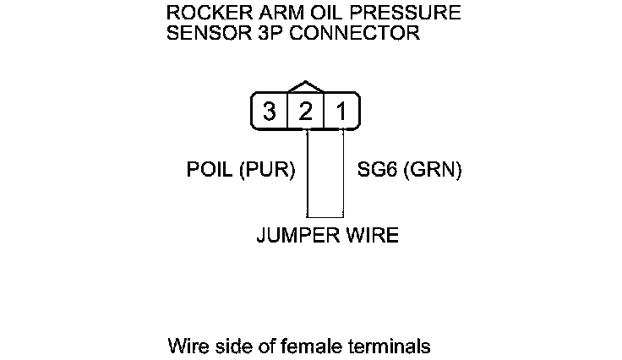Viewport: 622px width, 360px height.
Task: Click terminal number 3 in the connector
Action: click(270, 112)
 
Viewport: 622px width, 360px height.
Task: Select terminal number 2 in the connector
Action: click(306, 112)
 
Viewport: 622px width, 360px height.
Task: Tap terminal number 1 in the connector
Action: click(341, 112)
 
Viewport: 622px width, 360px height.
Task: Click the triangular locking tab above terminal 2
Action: click(306, 87)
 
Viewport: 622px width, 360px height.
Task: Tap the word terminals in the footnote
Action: click(390, 346)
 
